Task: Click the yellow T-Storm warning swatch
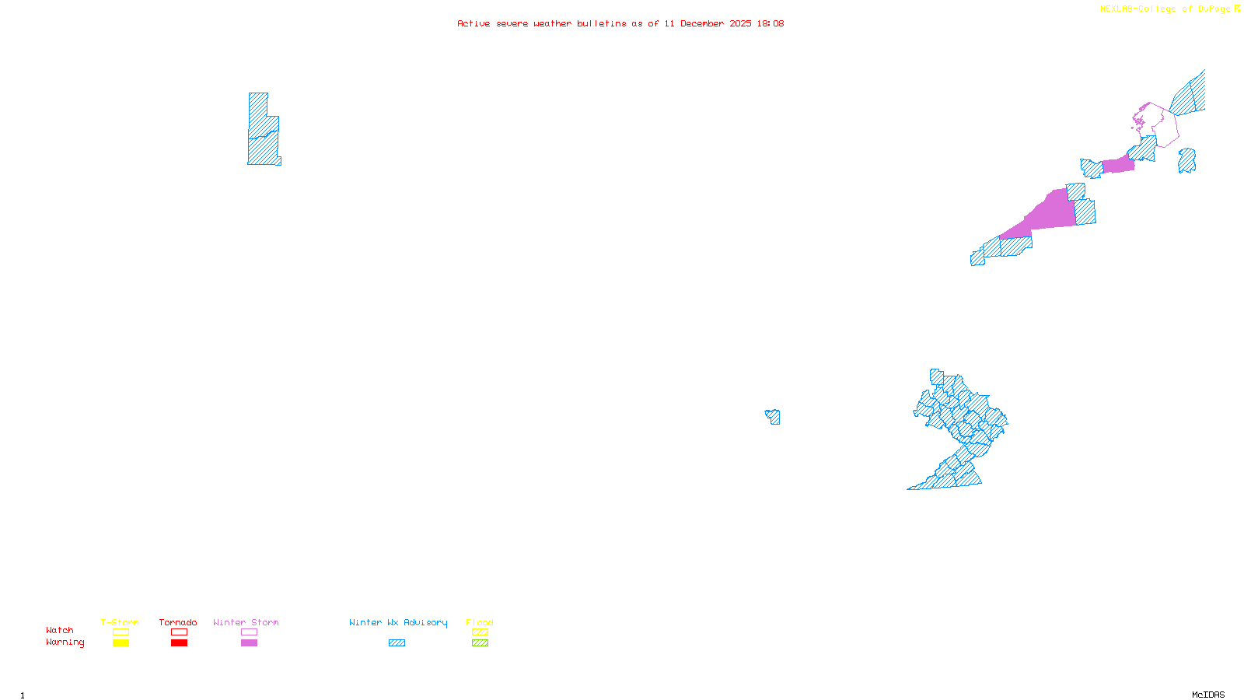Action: point(121,643)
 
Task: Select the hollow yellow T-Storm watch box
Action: point(121,632)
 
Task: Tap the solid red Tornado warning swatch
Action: point(179,643)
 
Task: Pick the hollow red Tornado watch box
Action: point(179,632)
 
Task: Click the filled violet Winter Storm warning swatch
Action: point(249,643)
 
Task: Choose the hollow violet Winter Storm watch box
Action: point(249,632)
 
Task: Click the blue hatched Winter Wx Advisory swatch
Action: point(397,643)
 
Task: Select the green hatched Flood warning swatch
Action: point(480,643)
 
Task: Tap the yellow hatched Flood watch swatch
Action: point(480,632)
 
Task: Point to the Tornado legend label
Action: point(178,622)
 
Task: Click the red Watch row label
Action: point(60,631)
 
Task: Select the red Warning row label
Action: point(65,642)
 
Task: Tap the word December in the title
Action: point(702,24)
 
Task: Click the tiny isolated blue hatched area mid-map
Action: point(774,417)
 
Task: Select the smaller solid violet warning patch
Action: point(1119,164)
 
